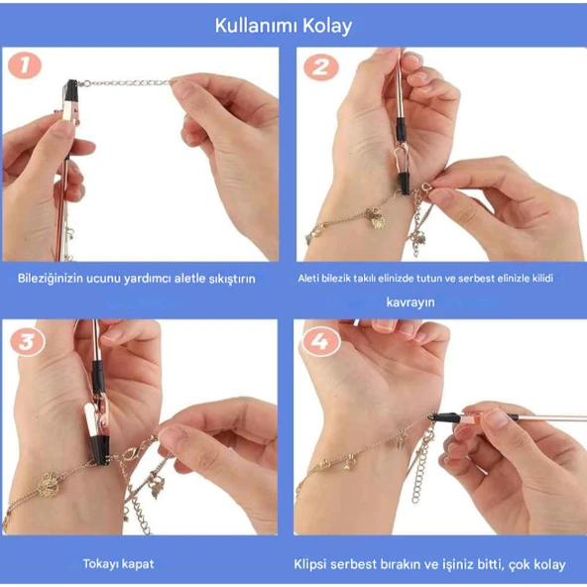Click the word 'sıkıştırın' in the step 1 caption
[230, 279]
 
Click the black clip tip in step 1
[71, 93]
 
